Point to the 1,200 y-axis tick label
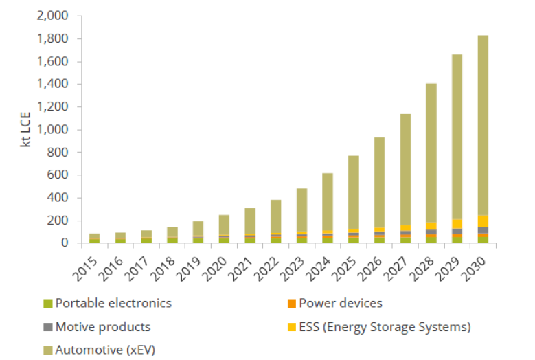(x=56, y=107)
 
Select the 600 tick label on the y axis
(x=61, y=175)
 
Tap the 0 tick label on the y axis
(x=67, y=243)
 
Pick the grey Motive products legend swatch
(x=47, y=327)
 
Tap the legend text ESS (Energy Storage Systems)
(x=385, y=327)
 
